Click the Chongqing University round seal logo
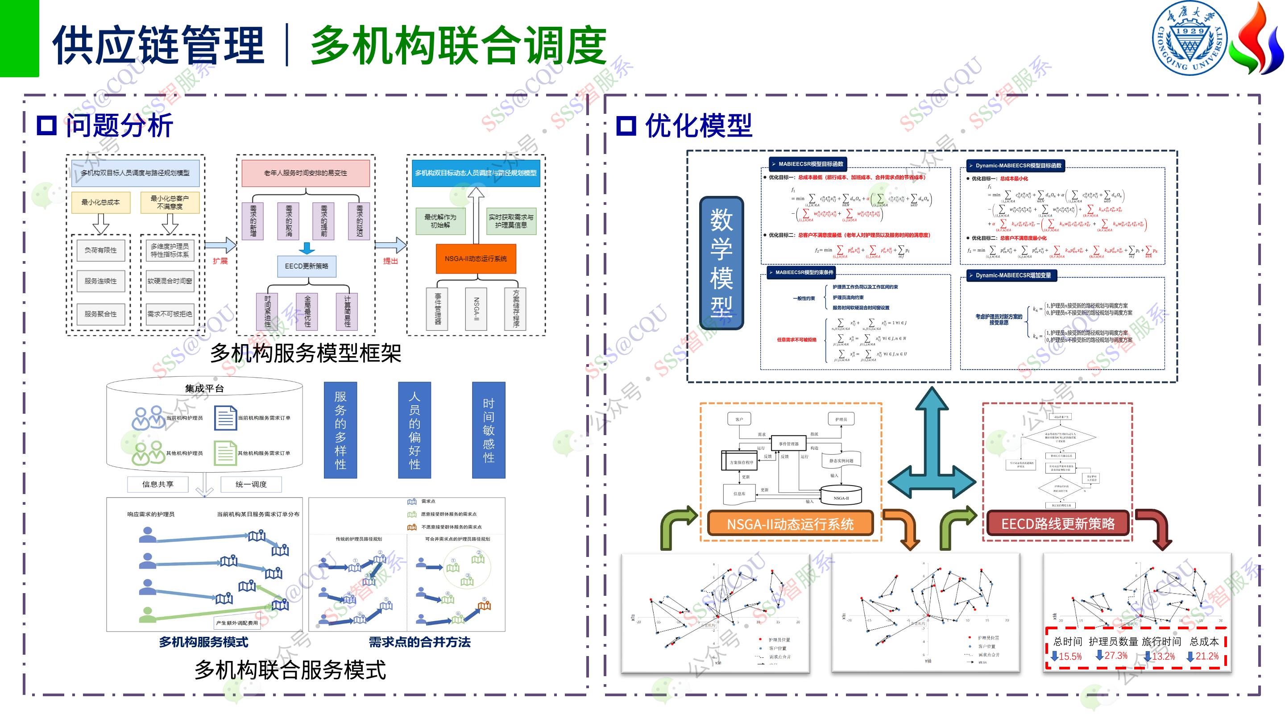coord(1189,38)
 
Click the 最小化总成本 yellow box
coord(101,202)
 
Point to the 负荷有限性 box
coord(101,250)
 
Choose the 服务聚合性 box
coord(101,314)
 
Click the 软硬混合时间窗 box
coord(170,281)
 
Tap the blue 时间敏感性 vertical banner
coord(489,430)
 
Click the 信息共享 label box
coord(158,484)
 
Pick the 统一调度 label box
coord(251,484)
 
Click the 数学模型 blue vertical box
coord(721,262)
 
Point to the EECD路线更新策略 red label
coord(1057,524)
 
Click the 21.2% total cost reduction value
coord(1206,656)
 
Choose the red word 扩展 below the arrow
coord(220,261)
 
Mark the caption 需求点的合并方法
coord(419,642)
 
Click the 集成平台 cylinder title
coord(204,388)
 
